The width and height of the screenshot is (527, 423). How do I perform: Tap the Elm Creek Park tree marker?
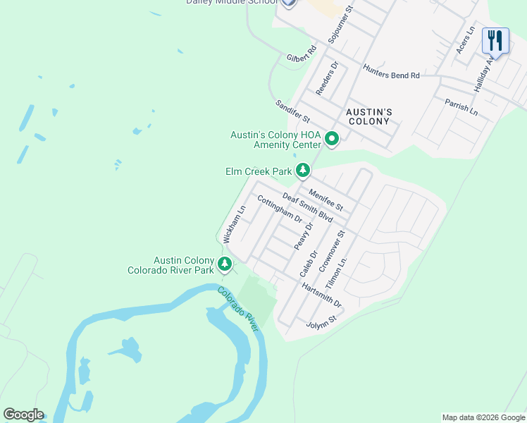(x=303, y=170)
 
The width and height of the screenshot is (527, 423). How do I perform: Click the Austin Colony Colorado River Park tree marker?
(x=225, y=264)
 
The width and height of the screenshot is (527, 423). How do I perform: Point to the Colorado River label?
(x=239, y=305)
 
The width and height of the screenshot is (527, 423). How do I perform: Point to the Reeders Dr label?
(x=328, y=78)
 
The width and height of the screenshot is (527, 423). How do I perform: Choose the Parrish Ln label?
(x=461, y=107)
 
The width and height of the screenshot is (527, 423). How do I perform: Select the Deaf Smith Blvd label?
(x=307, y=209)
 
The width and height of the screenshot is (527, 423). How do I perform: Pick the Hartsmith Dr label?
(x=321, y=295)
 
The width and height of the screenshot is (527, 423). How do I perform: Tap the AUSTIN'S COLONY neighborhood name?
(x=368, y=117)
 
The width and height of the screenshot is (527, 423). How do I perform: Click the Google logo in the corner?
(x=23, y=415)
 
